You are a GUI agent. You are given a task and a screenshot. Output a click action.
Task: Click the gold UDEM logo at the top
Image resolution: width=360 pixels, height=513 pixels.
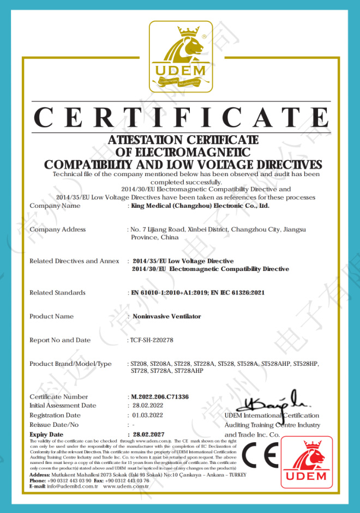181,57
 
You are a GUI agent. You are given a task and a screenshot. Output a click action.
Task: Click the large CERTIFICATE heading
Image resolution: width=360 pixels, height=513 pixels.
181,118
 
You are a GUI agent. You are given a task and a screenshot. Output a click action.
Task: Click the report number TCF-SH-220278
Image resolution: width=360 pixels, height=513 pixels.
152,340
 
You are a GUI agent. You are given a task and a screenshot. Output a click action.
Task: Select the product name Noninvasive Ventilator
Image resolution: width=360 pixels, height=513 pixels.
167,316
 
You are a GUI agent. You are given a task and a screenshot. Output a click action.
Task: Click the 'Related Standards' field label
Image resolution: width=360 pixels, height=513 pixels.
57,293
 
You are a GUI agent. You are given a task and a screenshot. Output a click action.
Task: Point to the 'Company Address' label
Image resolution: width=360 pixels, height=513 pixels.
57,230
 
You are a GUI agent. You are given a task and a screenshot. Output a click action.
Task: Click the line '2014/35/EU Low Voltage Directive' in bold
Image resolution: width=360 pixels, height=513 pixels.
183,261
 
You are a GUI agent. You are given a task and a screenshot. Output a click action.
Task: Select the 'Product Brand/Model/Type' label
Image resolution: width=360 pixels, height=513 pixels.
70,364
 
